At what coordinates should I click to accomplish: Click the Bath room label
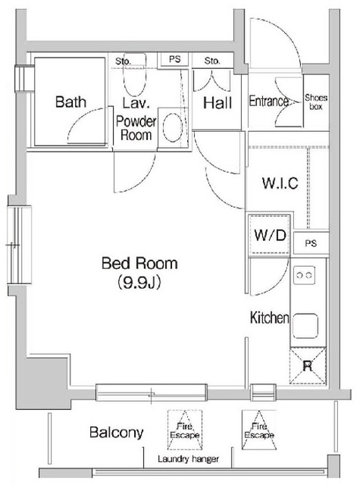[70, 102]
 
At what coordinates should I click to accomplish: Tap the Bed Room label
[139, 263]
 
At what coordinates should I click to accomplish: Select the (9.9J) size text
[139, 282]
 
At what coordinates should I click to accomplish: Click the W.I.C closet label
[280, 183]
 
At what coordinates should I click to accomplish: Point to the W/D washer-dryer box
[269, 235]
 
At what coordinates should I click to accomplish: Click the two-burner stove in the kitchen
[304, 274]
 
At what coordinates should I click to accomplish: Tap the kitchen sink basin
[305, 326]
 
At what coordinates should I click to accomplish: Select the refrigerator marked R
[308, 366]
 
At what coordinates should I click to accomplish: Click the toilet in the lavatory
[135, 75]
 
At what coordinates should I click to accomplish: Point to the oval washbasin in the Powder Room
[172, 127]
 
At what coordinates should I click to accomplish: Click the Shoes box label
[316, 102]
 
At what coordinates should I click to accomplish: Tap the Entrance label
[269, 101]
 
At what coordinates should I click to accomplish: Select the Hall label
[218, 103]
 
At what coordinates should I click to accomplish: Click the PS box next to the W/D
[311, 243]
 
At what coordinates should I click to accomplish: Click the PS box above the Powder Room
[174, 59]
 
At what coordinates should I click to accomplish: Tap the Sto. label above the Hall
[212, 61]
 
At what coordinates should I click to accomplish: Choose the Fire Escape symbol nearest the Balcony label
[185, 430]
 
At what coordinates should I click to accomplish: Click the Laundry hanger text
[189, 459]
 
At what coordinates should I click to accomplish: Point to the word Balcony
[116, 433]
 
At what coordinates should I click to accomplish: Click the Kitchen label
[269, 318]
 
